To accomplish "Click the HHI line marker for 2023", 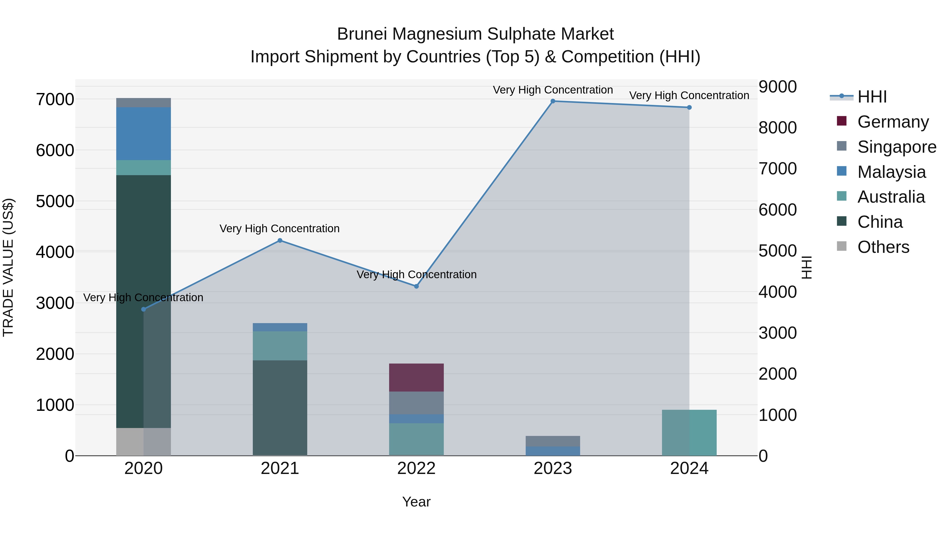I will point(553,101).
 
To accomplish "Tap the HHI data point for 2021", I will point(280,240).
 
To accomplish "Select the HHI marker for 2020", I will point(144,309).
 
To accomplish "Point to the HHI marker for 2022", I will point(416,286).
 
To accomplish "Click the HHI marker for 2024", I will point(689,108).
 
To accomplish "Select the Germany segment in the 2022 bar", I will point(416,377).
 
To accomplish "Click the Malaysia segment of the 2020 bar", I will point(144,134).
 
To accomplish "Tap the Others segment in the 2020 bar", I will point(144,441).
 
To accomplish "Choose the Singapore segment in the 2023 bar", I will point(553,441).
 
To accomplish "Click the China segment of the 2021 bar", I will point(280,408).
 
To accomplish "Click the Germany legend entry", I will point(893,122).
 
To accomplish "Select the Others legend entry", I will point(883,247).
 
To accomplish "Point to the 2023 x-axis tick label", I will point(553,468).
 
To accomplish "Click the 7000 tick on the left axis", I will point(55,99).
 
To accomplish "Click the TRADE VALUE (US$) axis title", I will point(8,267).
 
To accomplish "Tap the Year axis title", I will point(416,502).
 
